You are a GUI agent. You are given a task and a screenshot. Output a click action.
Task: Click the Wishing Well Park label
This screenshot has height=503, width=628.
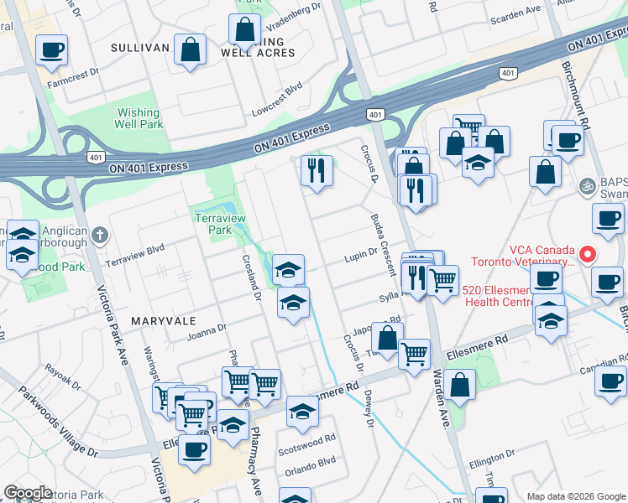(x=138, y=118)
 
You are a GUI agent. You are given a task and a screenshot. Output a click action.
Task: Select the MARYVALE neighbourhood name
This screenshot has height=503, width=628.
(x=163, y=321)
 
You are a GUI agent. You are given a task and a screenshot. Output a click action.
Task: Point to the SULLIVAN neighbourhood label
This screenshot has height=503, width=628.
(x=140, y=49)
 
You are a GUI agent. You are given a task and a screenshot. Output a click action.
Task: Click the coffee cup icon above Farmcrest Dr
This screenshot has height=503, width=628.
(x=51, y=50)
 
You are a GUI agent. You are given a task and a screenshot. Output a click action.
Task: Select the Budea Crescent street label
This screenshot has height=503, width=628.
(x=382, y=244)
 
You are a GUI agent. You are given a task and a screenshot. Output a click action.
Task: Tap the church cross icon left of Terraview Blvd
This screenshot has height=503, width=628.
(x=99, y=234)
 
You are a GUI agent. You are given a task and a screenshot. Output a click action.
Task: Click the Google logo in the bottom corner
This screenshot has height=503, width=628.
(x=28, y=493)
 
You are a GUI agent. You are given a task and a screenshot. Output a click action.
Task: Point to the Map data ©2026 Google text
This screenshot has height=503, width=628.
(x=575, y=496)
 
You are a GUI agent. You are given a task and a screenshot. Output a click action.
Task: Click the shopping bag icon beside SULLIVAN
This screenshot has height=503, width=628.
(x=191, y=49)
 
